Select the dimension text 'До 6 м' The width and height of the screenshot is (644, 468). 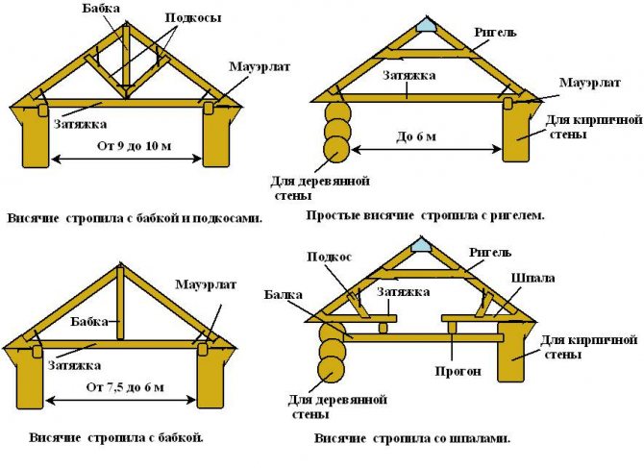tap(416, 136)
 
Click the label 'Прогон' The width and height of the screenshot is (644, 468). tap(448, 370)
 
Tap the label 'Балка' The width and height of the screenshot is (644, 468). tap(284, 296)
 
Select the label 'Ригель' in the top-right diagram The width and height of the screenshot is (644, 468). tap(496, 32)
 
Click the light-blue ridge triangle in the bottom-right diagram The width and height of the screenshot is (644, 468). tap(419, 247)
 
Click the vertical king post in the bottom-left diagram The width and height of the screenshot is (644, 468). tap(120, 303)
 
